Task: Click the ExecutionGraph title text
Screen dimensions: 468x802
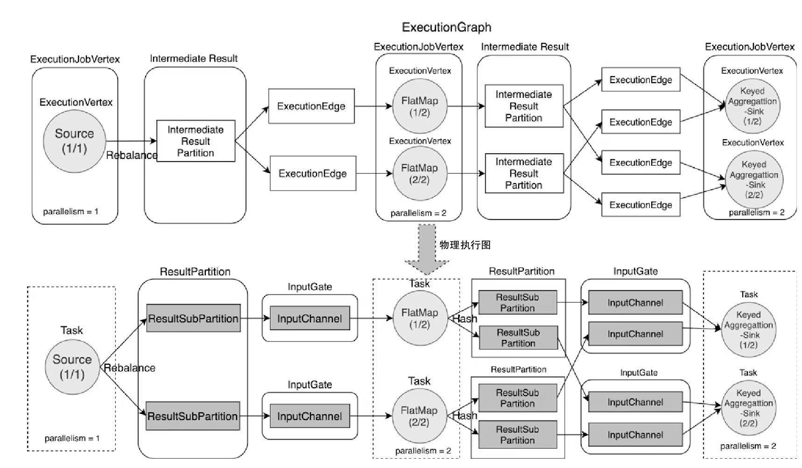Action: tap(446, 27)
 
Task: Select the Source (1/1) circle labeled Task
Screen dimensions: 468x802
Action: tap(72, 367)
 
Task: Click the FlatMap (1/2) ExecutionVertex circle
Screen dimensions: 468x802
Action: tap(420, 106)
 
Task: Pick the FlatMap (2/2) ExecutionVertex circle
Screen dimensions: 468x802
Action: tap(420, 174)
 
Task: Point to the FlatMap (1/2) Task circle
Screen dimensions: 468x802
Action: tap(420, 319)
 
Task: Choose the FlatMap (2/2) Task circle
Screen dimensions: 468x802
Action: tap(419, 416)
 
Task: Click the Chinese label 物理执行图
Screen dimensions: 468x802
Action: tap(465, 245)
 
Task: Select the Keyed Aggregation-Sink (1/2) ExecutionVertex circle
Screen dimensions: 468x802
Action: tap(752, 106)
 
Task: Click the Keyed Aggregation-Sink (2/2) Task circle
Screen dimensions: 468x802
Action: tap(748, 408)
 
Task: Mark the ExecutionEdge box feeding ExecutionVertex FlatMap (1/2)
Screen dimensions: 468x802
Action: tap(311, 106)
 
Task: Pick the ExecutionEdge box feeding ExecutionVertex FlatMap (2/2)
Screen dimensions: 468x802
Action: tap(313, 173)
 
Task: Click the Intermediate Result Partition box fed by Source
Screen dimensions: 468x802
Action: tap(196, 141)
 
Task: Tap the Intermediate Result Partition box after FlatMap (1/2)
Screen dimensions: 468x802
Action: tap(524, 106)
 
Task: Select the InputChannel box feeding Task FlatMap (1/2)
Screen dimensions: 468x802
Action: tap(310, 319)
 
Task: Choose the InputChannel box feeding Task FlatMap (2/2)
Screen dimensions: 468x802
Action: tap(310, 416)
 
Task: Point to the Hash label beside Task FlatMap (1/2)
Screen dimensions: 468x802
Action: tap(465, 319)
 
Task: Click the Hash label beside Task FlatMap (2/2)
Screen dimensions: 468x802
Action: tap(465, 415)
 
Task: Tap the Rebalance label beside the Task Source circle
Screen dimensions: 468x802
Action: tap(129, 368)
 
